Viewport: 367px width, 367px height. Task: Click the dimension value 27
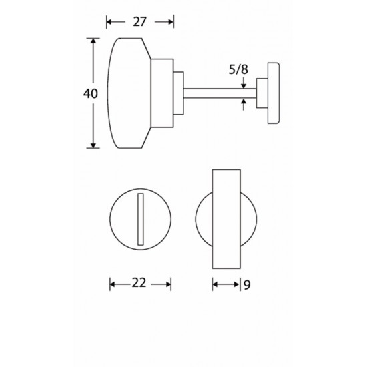(x=139, y=22)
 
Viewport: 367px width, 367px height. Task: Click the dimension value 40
(x=91, y=94)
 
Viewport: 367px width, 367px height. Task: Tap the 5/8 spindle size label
(x=238, y=69)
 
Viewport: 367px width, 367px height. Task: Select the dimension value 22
(x=139, y=283)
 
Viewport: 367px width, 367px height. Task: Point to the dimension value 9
(x=247, y=285)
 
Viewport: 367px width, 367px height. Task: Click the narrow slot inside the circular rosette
(x=140, y=219)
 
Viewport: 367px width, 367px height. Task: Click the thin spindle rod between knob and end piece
(x=220, y=93)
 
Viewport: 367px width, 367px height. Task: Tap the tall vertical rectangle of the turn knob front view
(x=226, y=219)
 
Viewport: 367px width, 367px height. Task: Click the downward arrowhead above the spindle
(x=244, y=86)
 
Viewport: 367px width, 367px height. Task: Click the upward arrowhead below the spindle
(x=244, y=101)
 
